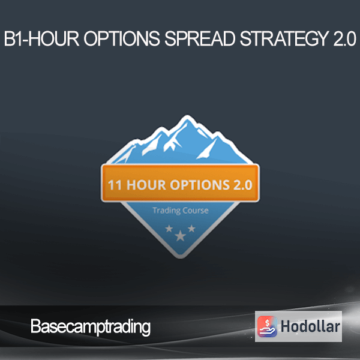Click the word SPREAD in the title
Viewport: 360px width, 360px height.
200,38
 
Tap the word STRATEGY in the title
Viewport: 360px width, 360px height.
284,38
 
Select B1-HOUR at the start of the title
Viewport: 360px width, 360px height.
41,38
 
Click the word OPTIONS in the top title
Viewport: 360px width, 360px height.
122,38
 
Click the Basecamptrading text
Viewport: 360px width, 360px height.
91,327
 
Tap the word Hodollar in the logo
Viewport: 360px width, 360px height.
310,326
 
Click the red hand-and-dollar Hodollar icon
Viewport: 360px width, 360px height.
267,326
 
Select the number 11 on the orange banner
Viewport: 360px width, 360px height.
115,185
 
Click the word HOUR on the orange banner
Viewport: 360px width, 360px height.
146,185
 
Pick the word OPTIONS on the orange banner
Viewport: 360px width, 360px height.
200,185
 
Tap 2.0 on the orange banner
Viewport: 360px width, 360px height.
243,185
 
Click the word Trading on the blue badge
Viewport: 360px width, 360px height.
167,211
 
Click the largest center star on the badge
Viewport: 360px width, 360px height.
181,236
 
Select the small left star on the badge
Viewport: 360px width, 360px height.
169,229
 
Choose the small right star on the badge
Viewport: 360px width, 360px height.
191,229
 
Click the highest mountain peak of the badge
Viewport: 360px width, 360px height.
187,116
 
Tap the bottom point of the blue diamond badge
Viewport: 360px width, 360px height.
181,257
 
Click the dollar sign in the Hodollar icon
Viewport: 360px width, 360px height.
267,322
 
